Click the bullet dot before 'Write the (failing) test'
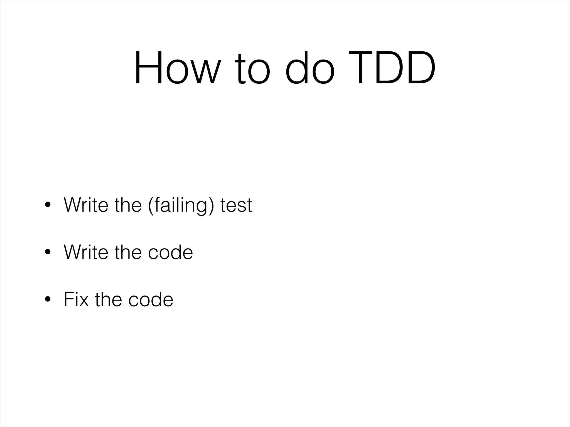pos(48,205)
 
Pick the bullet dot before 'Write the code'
pos(48,252)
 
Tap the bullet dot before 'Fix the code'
pos(48,299)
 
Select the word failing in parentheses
pos(181,205)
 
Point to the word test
pos(236,205)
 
